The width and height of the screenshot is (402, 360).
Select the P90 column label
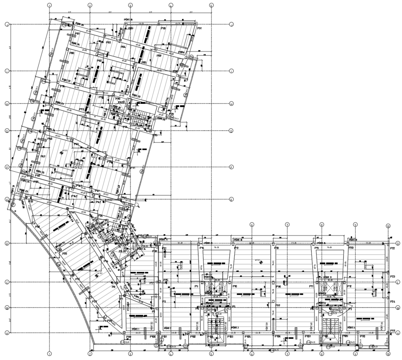pyautogui.click(x=163, y=28)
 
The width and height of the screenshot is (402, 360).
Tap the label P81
pyautogui.click(x=78, y=33)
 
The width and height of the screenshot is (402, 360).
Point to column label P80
pyautogui.click(x=72, y=53)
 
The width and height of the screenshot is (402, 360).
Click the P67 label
pyautogui.click(x=43, y=157)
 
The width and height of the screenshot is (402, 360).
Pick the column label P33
pyautogui.click(x=31, y=201)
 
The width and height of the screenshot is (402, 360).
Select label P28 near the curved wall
pyautogui.click(x=65, y=254)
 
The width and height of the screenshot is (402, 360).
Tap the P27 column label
pyautogui.click(x=94, y=301)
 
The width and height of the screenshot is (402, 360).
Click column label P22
pyautogui.click(x=392, y=248)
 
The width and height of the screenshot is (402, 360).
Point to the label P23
pyautogui.click(x=392, y=276)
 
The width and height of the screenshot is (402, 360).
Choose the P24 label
pyautogui.click(x=392, y=301)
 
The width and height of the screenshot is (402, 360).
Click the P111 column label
pyautogui.click(x=393, y=331)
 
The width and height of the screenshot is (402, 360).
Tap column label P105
pyautogui.click(x=248, y=336)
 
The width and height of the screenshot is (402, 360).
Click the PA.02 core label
pyautogui.click(x=122, y=251)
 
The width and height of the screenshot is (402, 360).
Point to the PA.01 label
pyautogui.click(x=122, y=102)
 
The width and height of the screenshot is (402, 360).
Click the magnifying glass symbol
pyautogui.click(x=137, y=205)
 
